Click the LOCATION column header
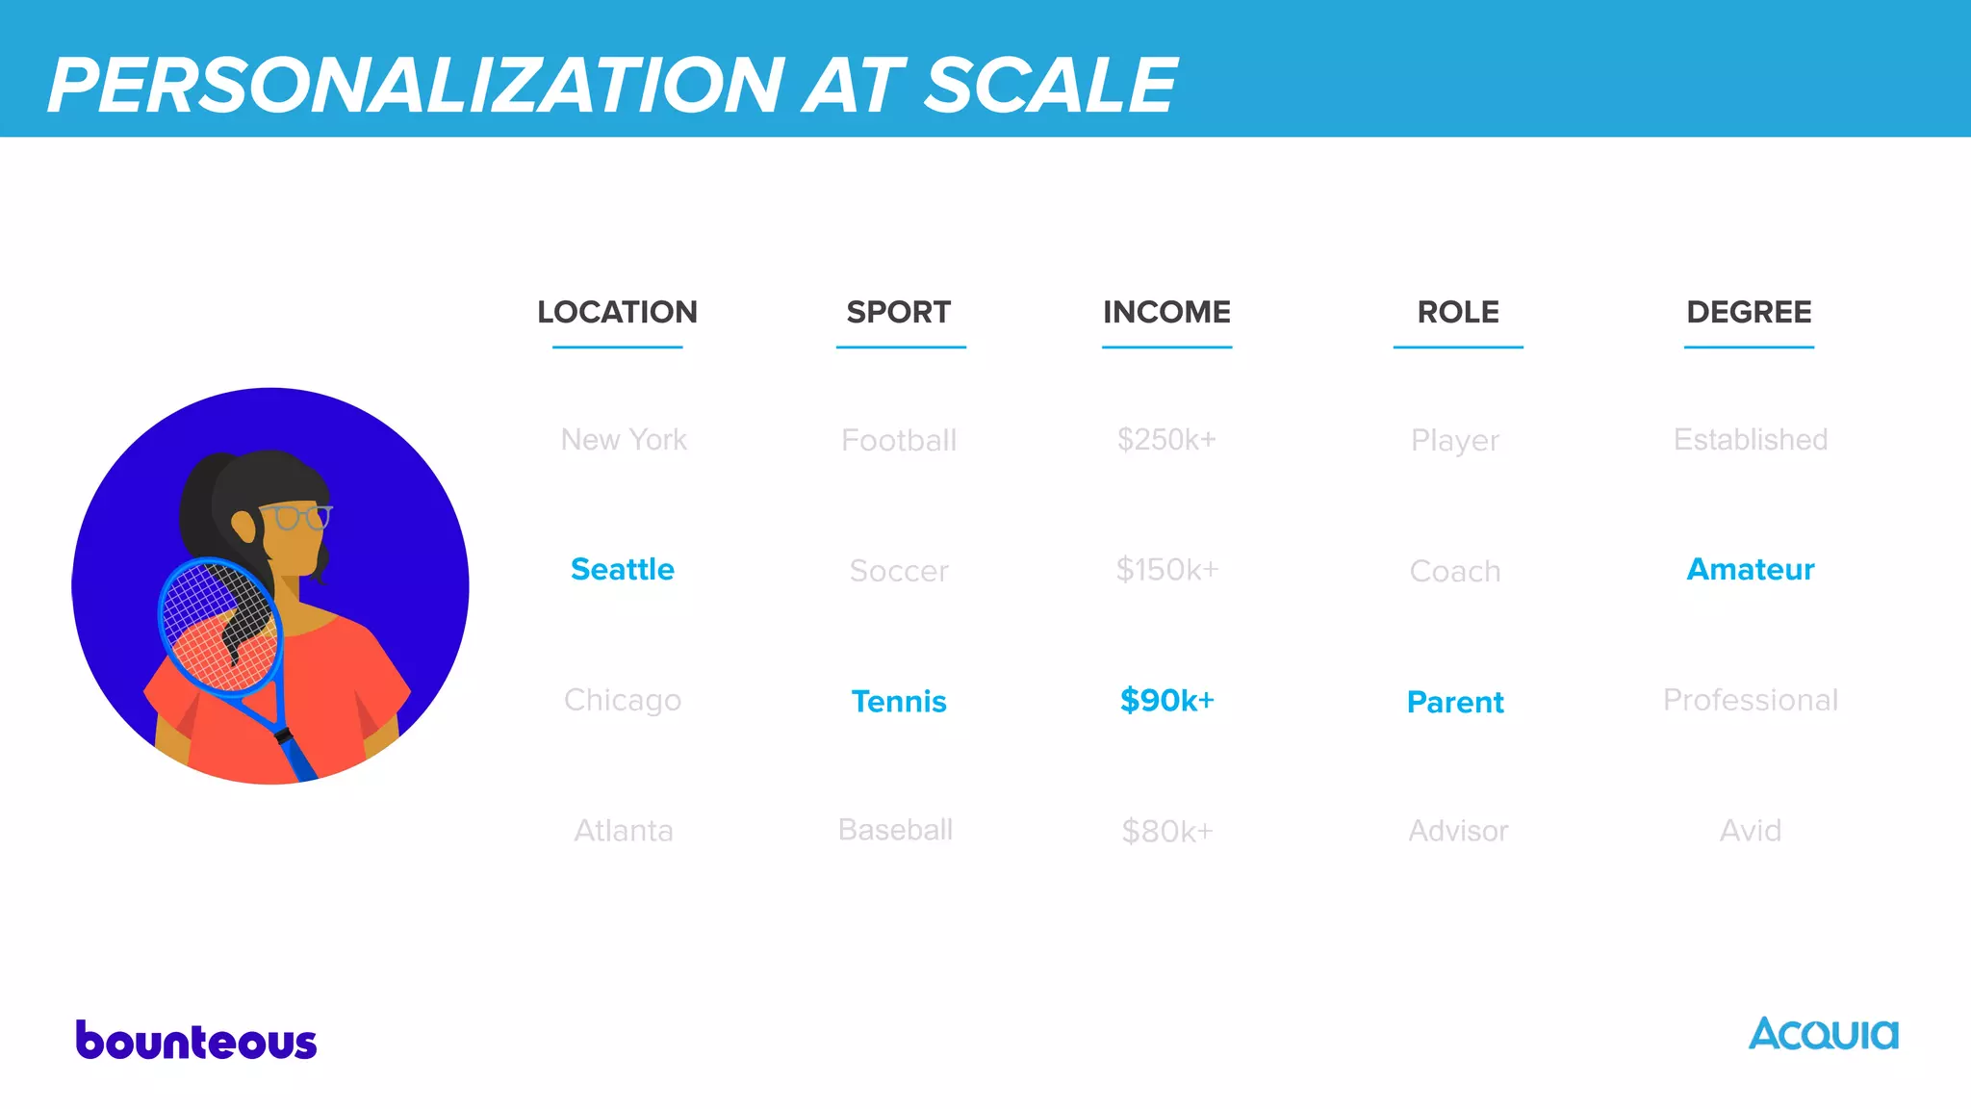point(617,312)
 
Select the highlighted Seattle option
point(623,569)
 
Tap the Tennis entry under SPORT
point(899,701)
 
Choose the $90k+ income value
point(1166,700)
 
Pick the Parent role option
point(1455,702)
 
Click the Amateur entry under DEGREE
point(1750,569)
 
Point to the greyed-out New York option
point(624,439)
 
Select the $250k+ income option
point(1166,439)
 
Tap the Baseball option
point(895,830)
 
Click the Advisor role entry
point(1458,831)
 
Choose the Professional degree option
point(1750,700)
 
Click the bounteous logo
point(196,1041)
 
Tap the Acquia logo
point(1823,1035)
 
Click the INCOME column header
point(1166,312)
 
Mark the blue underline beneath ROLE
point(1458,347)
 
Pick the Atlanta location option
point(624,830)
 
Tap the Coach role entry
point(1455,571)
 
